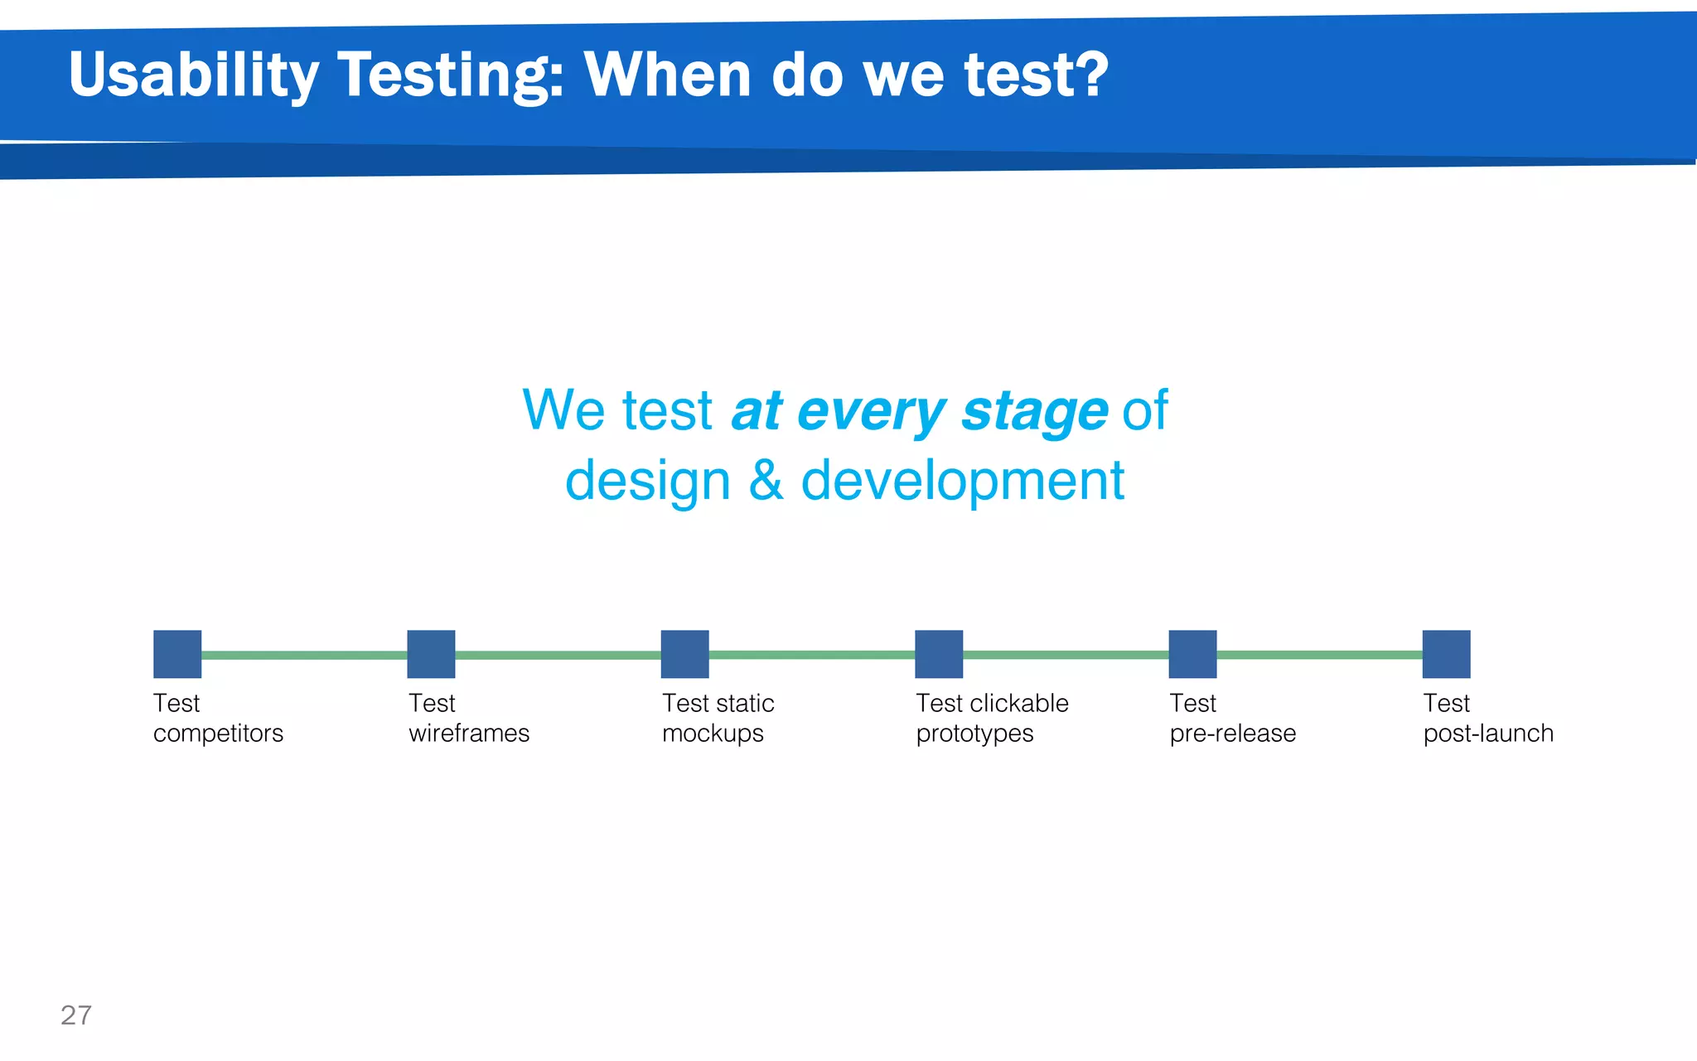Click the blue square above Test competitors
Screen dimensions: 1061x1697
click(177, 654)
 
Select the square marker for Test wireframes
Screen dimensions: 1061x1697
click(431, 654)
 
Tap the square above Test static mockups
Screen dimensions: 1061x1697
click(684, 654)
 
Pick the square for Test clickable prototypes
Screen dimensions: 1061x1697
click(939, 654)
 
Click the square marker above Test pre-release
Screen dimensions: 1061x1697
click(1192, 654)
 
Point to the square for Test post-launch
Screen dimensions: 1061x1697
click(1446, 654)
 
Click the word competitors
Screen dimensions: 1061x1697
click(218, 734)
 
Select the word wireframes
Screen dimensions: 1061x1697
click(469, 734)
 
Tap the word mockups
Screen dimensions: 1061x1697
click(713, 734)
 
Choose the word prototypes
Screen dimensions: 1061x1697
click(974, 734)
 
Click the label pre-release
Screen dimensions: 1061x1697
click(1232, 734)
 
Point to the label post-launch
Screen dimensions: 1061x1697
click(1488, 734)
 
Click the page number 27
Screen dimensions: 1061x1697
click(76, 1015)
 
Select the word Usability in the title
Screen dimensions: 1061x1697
click(193, 76)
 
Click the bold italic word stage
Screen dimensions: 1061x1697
click(1034, 412)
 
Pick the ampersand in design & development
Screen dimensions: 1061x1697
click(766, 481)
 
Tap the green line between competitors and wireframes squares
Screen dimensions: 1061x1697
click(304, 655)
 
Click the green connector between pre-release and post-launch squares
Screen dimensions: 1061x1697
click(1319, 655)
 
